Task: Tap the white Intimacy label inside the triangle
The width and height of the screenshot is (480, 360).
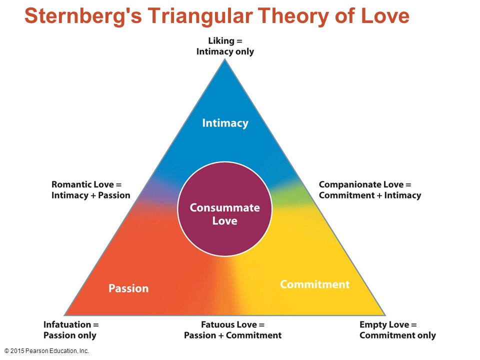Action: [225, 123]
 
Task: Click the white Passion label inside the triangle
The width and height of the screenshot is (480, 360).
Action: [128, 288]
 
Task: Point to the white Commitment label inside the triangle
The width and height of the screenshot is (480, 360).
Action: [314, 284]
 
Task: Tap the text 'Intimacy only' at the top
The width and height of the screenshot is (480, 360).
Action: [225, 51]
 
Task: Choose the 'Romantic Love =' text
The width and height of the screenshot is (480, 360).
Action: [86, 184]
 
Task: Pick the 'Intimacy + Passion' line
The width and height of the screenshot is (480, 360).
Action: [91, 195]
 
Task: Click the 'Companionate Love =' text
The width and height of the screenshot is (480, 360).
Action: [365, 184]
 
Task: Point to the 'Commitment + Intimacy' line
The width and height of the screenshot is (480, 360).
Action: [370, 195]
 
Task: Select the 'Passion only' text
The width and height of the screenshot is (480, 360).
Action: [70, 335]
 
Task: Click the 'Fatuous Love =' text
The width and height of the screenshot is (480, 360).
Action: [232, 324]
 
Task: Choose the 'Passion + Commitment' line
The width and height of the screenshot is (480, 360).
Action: [232, 335]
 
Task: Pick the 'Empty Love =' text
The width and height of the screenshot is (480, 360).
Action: [388, 324]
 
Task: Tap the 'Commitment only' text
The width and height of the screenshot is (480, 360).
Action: [397, 335]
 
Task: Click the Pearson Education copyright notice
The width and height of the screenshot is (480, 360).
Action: [46, 351]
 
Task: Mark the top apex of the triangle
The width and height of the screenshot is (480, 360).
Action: [225, 59]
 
